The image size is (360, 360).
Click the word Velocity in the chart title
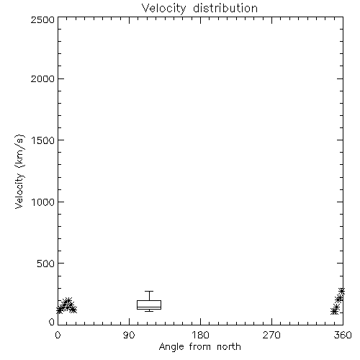[163, 9]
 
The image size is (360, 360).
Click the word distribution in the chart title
[225, 8]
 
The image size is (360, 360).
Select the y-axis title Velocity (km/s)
[19, 171]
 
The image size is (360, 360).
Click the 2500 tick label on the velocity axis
[42, 19]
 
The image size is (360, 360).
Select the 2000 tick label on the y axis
[42, 78]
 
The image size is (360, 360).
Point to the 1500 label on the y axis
[43, 140]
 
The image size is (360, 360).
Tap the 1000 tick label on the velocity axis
[43, 202]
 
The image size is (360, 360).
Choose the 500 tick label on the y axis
[46, 264]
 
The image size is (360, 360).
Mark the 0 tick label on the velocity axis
[52, 322]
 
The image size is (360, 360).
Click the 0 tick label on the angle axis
[58, 335]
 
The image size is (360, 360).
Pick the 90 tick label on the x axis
[129, 335]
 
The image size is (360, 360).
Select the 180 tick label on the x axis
[200, 335]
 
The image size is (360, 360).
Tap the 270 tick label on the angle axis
[271, 335]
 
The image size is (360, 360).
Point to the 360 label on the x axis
[343, 335]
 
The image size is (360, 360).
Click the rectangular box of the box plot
[149, 301]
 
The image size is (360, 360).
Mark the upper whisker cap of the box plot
[149, 292]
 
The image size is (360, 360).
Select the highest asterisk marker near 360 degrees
[342, 292]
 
